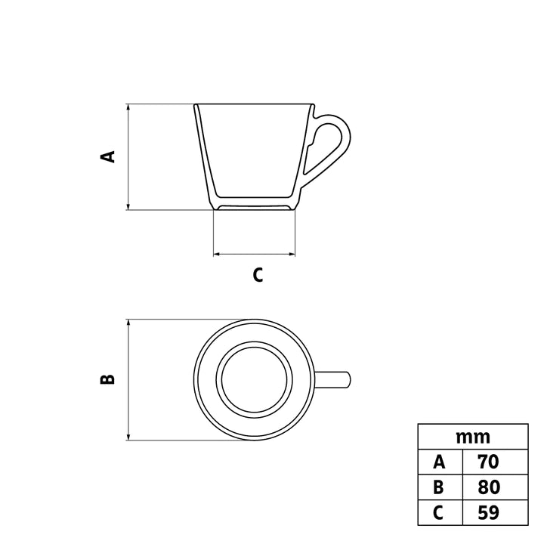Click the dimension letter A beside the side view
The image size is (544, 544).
(108, 156)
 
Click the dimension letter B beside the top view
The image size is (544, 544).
(107, 379)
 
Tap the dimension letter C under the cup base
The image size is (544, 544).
(258, 275)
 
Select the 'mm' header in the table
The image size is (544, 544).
(473, 437)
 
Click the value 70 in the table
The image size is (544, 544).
(489, 462)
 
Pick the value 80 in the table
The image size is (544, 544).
(489, 487)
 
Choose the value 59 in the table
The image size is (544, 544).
(489, 512)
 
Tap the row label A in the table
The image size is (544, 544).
(439, 462)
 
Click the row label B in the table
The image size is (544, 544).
(438, 487)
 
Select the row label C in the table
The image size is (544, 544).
(438, 512)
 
